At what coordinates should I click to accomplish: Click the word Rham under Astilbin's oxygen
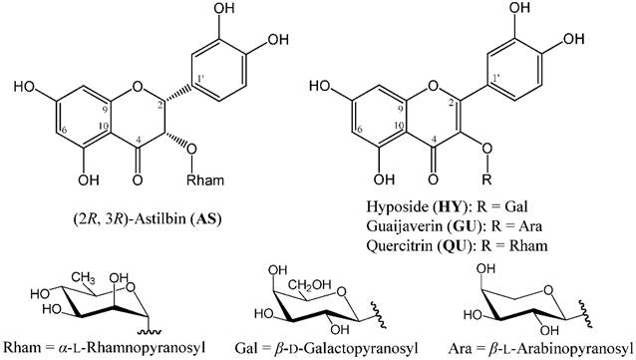(x=205, y=180)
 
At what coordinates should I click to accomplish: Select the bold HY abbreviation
(x=451, y=207)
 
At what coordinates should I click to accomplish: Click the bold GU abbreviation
(x=467, y=226)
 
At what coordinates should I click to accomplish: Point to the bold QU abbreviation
(x=462, y=245)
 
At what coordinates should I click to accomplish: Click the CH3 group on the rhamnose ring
(x=84, y=279)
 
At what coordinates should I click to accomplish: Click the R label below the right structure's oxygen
(x=486, y=180)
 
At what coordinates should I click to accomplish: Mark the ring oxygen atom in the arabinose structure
(x=548, y=290)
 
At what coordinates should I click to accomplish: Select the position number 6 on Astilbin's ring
(x=65, y=130)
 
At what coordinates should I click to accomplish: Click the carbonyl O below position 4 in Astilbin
(x=138, y=180)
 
